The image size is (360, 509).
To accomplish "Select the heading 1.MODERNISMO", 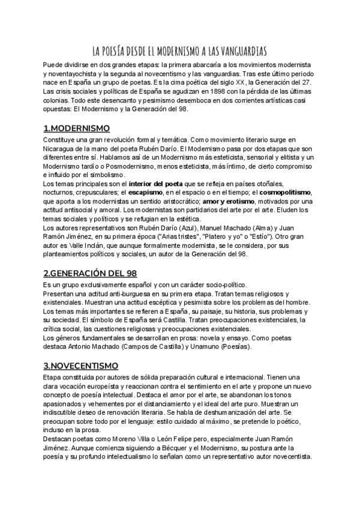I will click(77, 128).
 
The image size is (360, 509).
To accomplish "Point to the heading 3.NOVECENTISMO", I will click(81, 365).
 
